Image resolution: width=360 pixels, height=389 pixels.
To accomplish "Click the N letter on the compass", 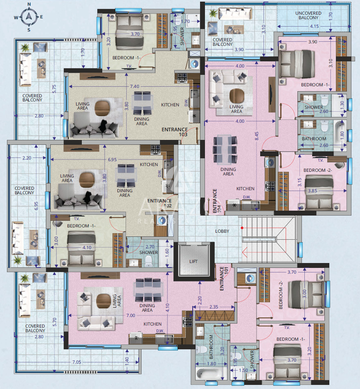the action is coord(29,4).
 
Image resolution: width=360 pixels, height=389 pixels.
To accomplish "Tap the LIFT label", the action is coord(193,261).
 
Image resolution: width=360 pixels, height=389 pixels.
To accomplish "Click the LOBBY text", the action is coord(222,231).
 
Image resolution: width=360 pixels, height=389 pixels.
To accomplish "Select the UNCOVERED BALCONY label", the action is coord(308,16).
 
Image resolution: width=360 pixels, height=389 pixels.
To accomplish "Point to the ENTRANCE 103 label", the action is coord(175,132).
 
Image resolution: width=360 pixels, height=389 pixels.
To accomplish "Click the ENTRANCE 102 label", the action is coord(160,203).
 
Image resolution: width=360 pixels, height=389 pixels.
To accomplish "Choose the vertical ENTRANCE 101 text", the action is coord(224,278).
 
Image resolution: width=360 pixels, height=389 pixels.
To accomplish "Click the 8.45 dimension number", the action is coord(256,136).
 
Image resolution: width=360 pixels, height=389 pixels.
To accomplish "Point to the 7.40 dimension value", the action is coord(135,86).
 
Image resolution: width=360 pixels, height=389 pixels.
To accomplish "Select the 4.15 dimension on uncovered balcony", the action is coord(314,26).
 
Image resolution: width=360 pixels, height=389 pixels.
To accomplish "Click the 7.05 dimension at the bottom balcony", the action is coord(76,362).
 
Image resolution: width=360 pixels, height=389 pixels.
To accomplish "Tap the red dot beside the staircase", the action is coord(242,228).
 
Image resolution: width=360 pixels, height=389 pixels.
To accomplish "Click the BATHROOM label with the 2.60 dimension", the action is coord(314,139).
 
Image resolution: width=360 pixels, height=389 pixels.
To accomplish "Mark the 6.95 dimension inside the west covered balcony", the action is coord(36,206).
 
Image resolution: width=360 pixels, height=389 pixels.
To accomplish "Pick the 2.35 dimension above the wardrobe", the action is coord(214,307).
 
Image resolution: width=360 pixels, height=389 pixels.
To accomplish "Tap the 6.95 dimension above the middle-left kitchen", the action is coord(112,160).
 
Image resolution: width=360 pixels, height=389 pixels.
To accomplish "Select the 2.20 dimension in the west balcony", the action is coord(27,158).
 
